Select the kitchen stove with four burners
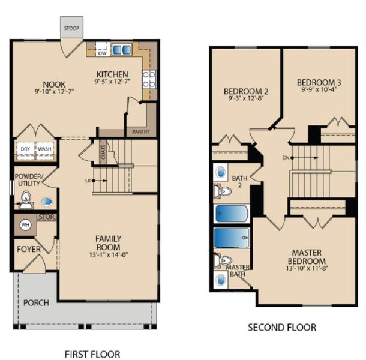[x=148, y=79]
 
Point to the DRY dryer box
[x=25, y=149]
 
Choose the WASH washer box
[x=45, y=149]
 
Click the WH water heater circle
[x=25, y=224]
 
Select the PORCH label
[x=36, y=302]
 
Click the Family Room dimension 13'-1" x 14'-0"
[x=108, y=255]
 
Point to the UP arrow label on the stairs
[x=89, y=180]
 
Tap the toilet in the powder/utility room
[x=26, y=197]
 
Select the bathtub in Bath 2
[x=231, y=214]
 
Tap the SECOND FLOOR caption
[x=281, y=328]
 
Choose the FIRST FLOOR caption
[x=92, y=353]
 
